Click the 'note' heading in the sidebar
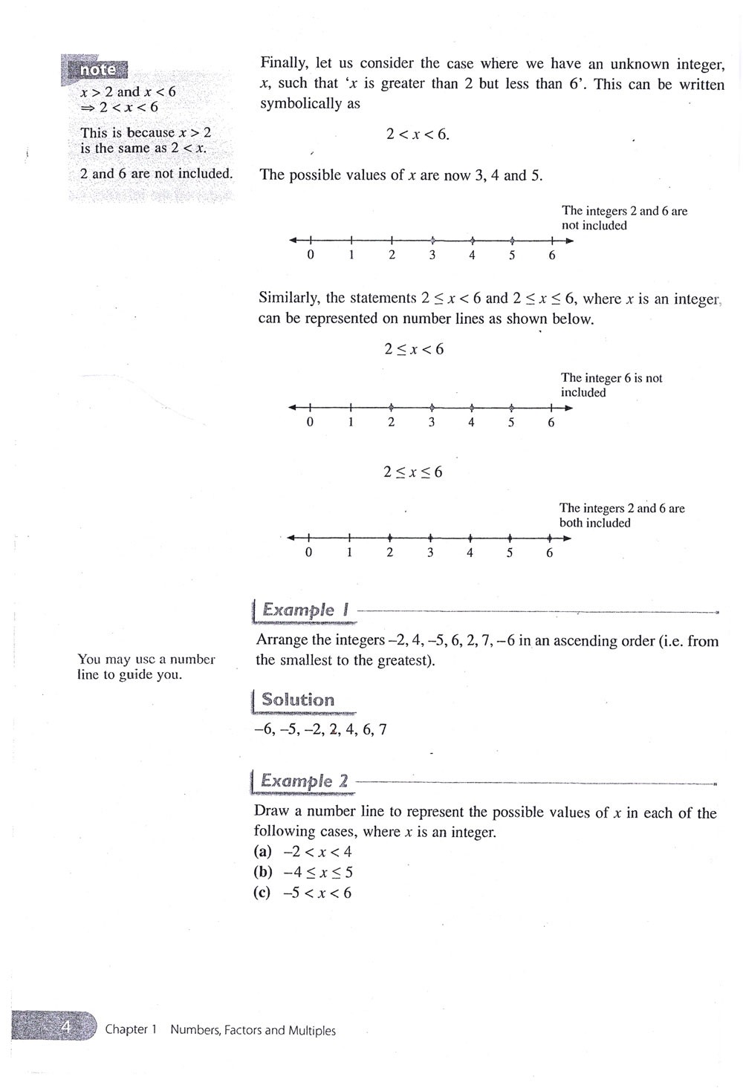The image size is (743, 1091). pos(97,70)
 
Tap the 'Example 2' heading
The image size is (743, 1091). pos(304,781)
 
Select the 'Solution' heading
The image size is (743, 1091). pos(297,700)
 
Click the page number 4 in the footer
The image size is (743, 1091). pos(65,1028)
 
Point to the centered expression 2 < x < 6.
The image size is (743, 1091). pos(418,134)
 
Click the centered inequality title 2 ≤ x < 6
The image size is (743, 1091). pos(414,349)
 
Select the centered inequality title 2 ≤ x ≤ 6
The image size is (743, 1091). pos(413,472)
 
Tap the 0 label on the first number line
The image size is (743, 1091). pos(311,255)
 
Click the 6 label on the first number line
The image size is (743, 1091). pos(552,255)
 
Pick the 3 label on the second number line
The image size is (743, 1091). pos(431,423)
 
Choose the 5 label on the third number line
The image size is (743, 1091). pos(510,553)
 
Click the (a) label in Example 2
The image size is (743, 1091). pos(263,852)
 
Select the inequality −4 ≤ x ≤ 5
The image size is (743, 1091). pos(318,873)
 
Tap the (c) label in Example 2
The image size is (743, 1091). pos(262,893)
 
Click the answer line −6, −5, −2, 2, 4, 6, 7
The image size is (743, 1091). pos(320,729)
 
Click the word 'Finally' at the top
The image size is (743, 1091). pos(284,64)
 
